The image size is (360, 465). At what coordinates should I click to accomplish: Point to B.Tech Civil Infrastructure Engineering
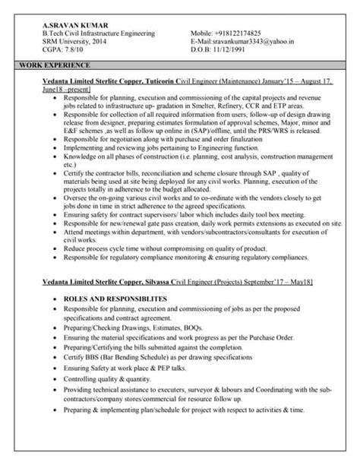99,34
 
